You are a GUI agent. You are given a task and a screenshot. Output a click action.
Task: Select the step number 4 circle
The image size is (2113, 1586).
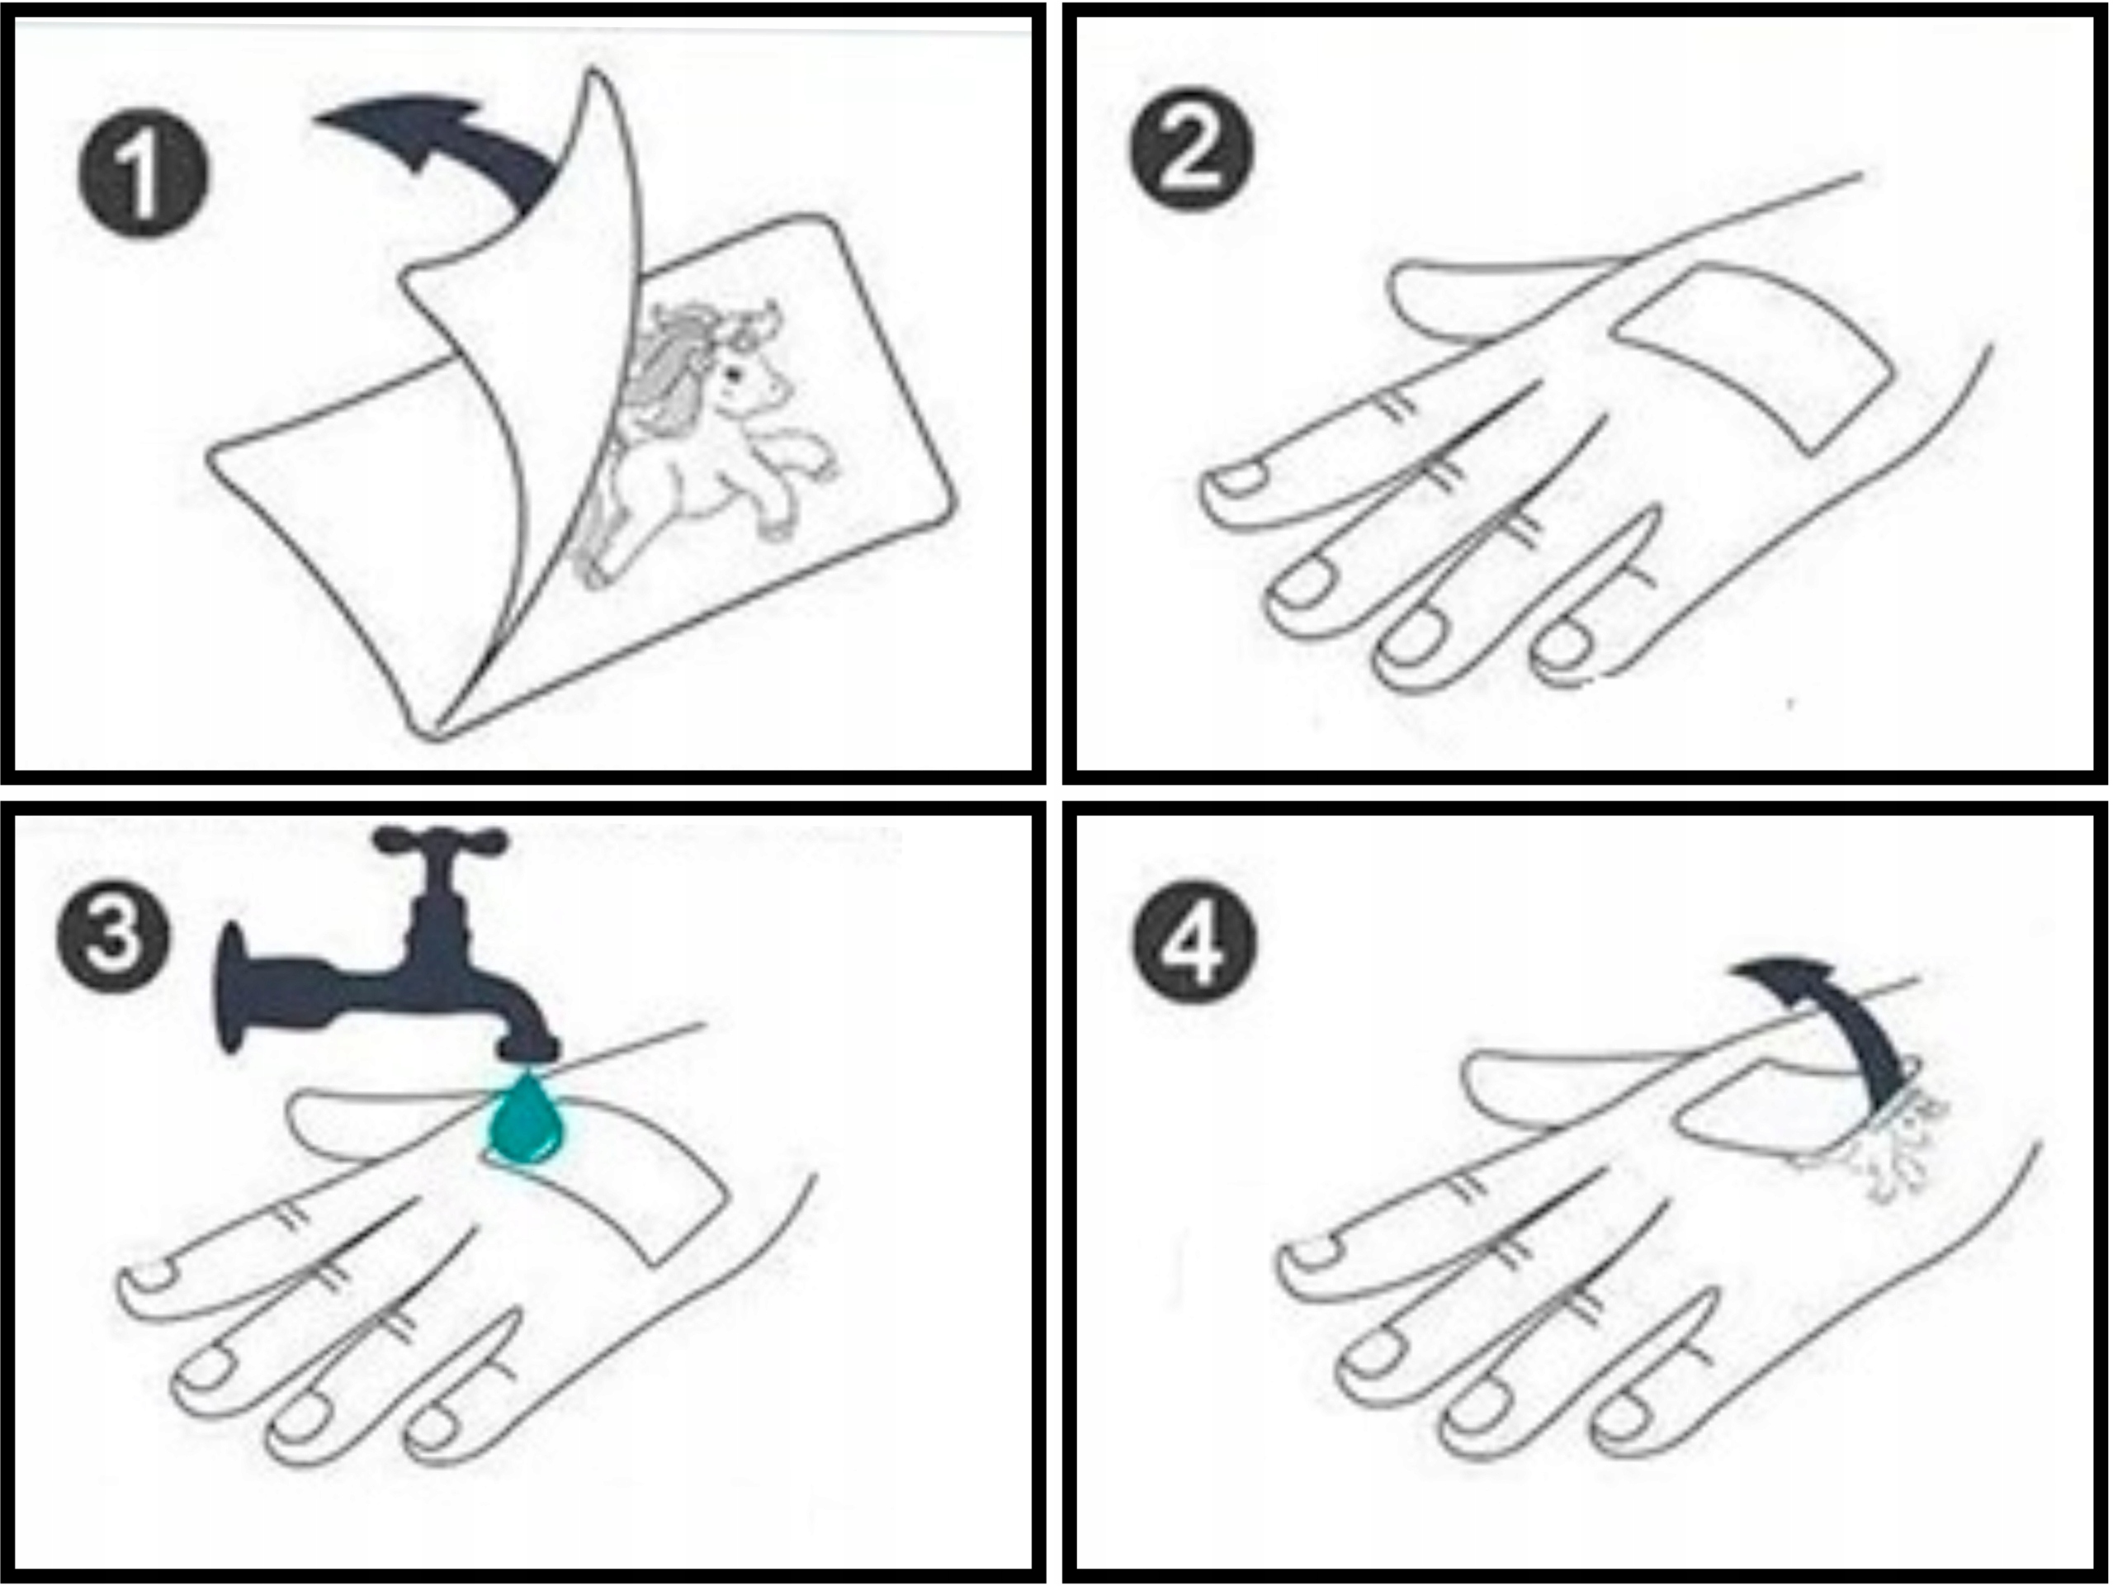pyautogui.click(x=1194, y=942)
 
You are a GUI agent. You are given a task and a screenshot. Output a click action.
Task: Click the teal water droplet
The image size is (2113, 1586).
pyautogui.click(x=526, y=1120)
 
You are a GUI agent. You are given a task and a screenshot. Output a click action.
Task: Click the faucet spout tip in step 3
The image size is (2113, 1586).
pyautogui.click(x=527, y=1048)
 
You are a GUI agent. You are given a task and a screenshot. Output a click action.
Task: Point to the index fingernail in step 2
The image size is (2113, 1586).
pyautogui.click(x=1239, y=480)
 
